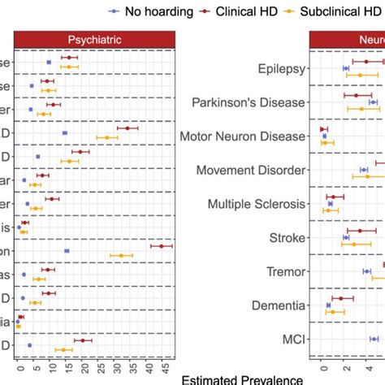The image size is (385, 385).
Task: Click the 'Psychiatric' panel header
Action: point(93,40)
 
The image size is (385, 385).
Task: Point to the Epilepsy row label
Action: point(280,69)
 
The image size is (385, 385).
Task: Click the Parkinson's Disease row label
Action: point(248,102)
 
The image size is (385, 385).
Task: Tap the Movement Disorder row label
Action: point(252,171)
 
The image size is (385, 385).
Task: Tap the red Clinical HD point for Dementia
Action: point(341,298)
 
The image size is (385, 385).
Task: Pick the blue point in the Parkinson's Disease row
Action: point(373,102)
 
